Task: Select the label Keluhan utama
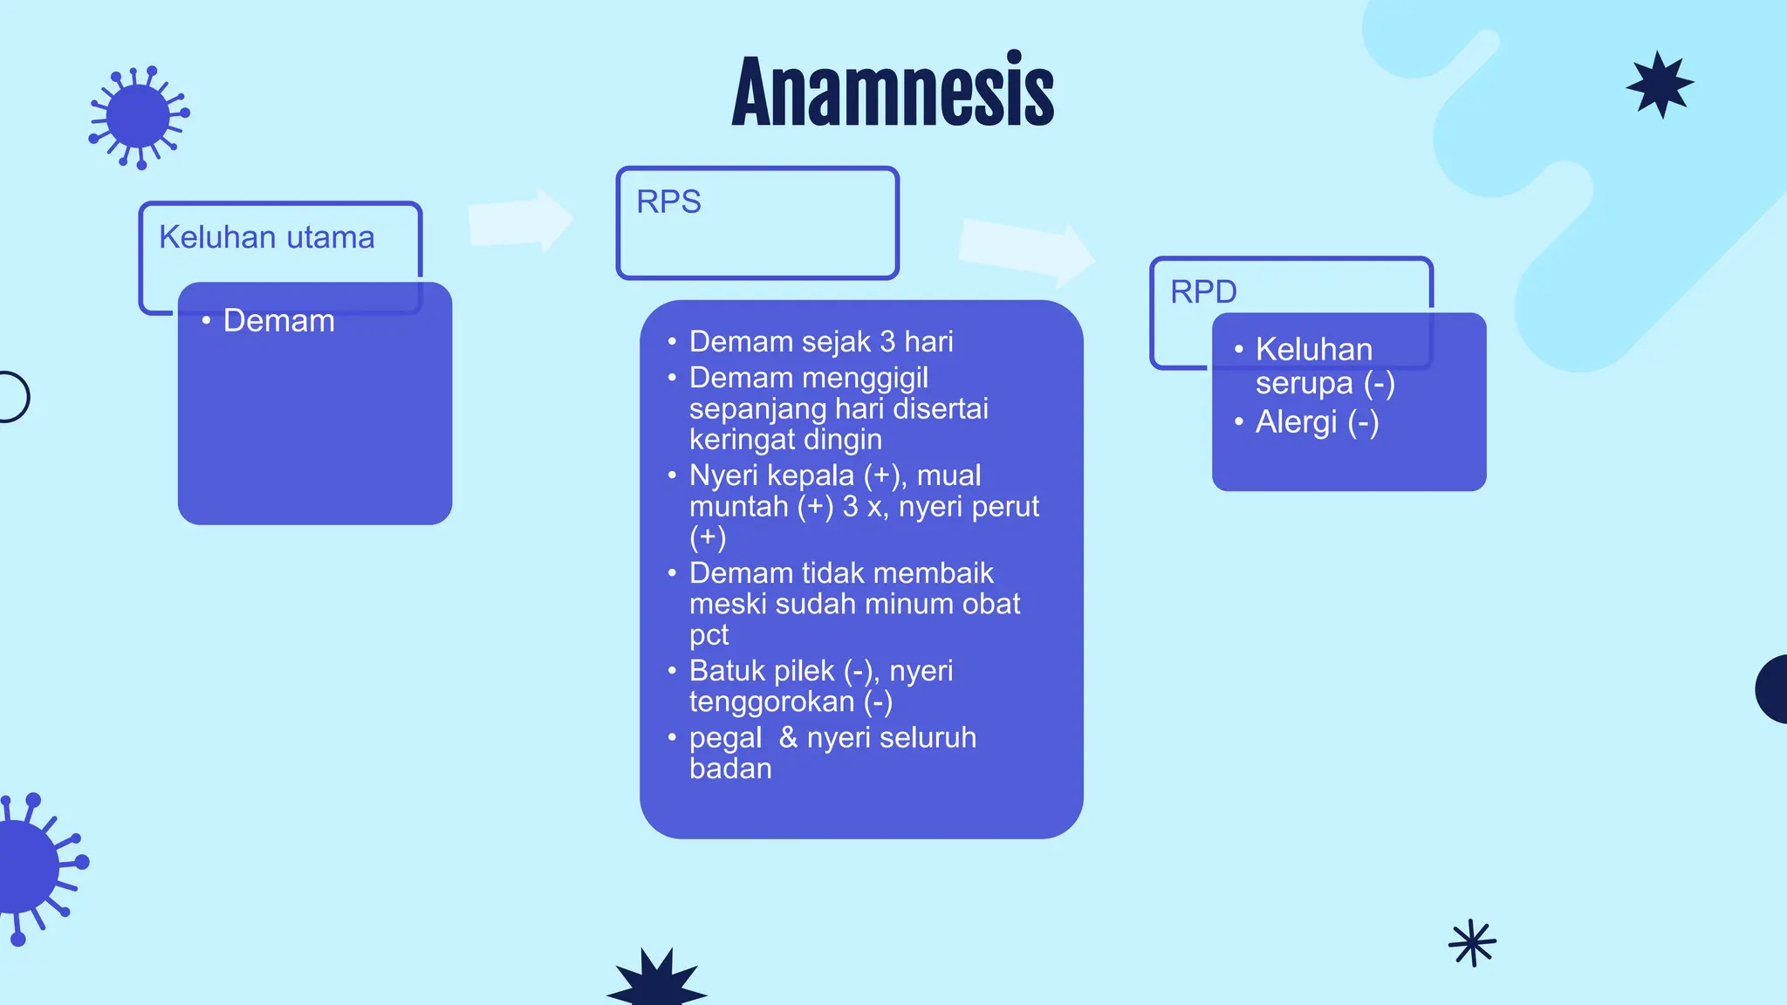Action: [266, 237]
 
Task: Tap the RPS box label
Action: [668, 202]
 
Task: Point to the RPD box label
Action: [1203, 291]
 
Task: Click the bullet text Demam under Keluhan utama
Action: [278, 320]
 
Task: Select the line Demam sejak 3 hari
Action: [821, 341]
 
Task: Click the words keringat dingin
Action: [785, 439]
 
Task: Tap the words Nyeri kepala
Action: [771, 475]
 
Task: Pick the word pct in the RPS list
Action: [709, 634]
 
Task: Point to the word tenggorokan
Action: [771, 701]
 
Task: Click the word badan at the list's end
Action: [730, 769]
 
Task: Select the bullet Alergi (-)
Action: [1317, 422]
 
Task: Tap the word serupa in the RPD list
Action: [1304, 384]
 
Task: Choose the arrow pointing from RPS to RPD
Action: [1026, 251]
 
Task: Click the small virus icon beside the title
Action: [139, 117]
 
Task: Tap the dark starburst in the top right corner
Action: [1660, 85]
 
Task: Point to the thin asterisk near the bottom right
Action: [1472, 943]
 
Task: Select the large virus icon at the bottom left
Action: [35, 868]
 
